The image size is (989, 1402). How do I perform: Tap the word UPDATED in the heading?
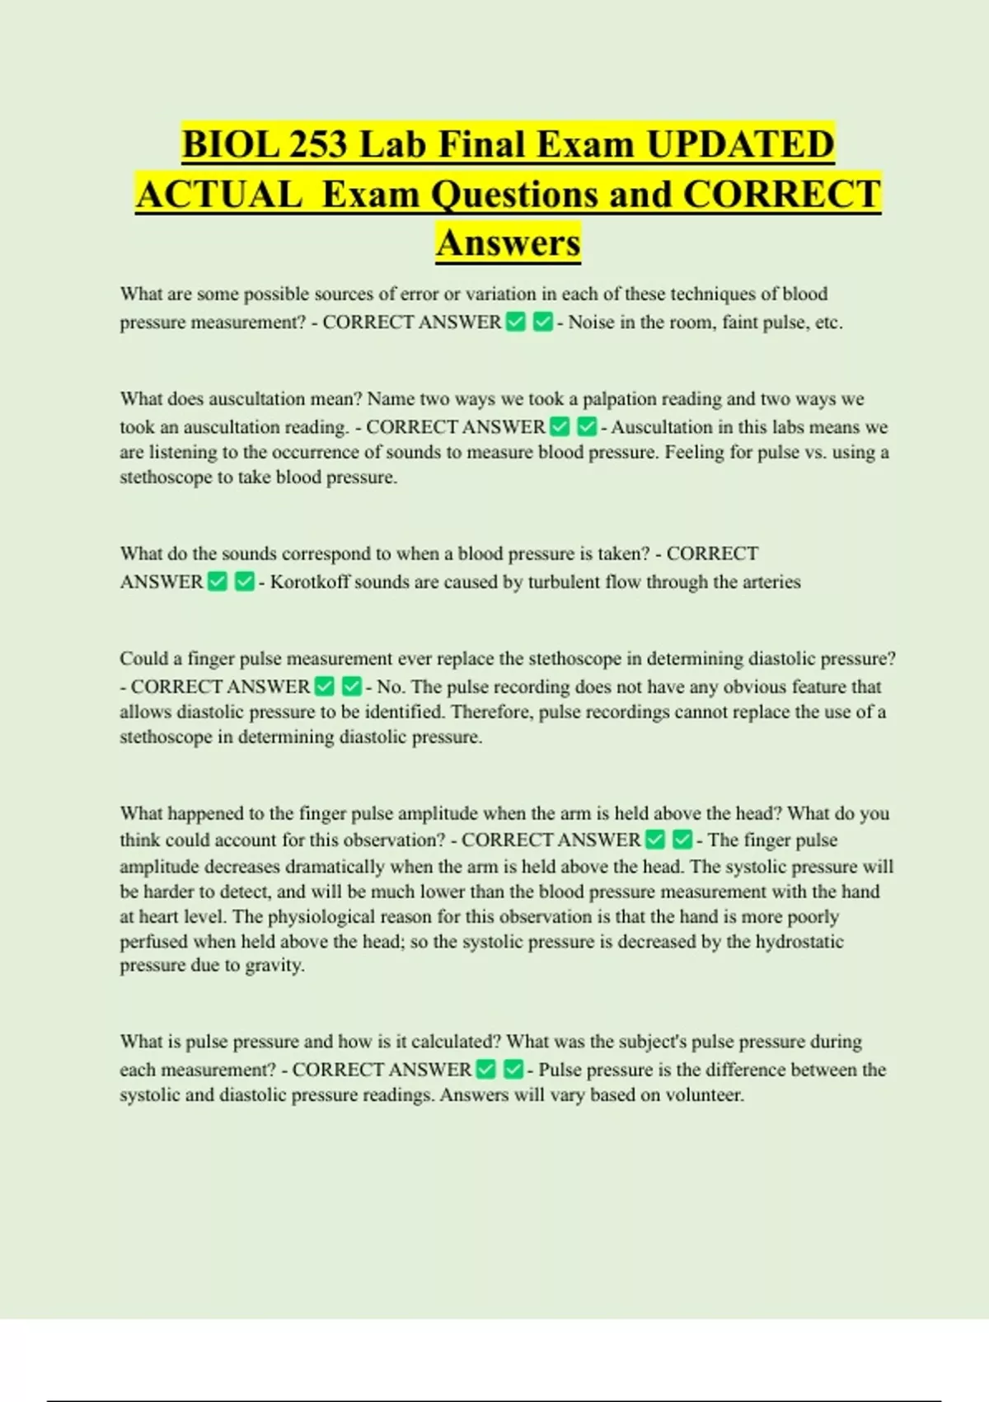point(740,144)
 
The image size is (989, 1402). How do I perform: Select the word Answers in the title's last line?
point(509,242)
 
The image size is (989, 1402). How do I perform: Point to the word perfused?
point(154,942)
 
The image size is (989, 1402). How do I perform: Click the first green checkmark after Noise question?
point(516,322)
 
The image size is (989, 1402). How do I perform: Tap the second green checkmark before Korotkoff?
point(245,582)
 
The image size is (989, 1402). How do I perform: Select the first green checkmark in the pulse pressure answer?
point(486,1070)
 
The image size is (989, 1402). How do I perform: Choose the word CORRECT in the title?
point(782,194)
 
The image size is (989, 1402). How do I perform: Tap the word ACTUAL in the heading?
point(219,194)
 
